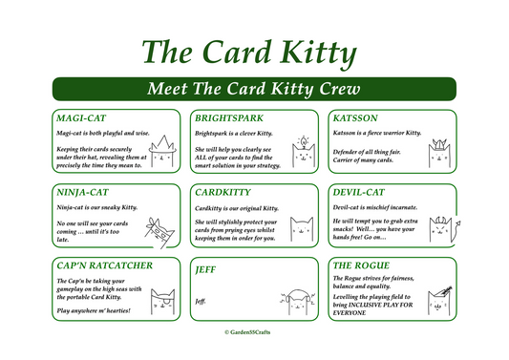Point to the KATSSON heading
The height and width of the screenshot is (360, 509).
(355, 117)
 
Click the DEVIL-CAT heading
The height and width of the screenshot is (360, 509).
(359, 192)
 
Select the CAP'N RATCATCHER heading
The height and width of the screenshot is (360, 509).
(103, 265)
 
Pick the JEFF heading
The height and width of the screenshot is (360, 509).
(205, 270)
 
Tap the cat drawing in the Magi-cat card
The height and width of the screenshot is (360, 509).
(161, 152)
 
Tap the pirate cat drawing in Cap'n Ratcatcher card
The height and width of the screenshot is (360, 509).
(161, 303)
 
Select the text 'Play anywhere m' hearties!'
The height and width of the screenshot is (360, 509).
(94, 311)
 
